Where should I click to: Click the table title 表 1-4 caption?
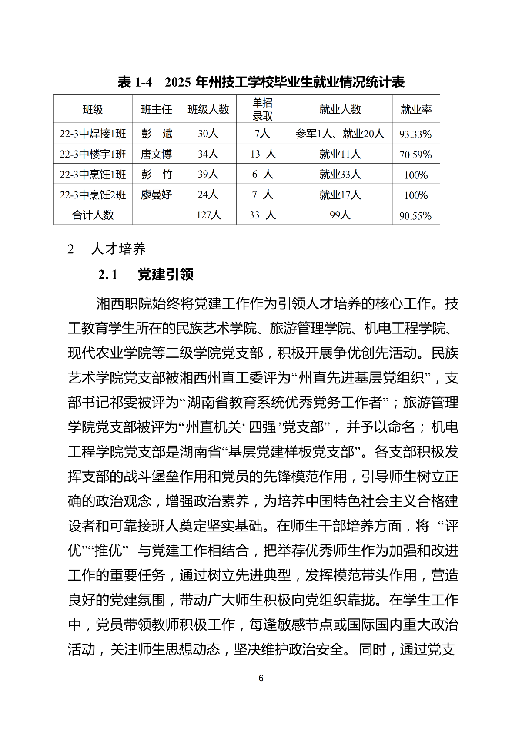point(261,82)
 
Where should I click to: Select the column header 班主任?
point(156,110)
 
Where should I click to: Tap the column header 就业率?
point(416,110)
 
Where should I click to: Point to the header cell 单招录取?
point(262,109)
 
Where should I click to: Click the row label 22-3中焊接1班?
point(93,134)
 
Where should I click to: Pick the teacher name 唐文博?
point(156,154)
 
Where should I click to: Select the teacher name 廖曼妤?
point(156,195)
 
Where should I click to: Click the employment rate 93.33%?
point(415,134)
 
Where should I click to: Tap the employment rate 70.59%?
point(415,155)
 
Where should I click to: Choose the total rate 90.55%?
point(415,216)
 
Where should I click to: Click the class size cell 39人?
point(208,174)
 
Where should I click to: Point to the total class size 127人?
point(208,215)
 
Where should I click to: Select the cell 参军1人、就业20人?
point(340,134)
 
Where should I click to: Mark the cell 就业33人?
point(340,175)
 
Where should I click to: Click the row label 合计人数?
point(93,215)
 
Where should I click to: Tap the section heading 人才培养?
point(118,249)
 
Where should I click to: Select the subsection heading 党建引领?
point(165,275)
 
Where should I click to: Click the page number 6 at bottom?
point(261,678)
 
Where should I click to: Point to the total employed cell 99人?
point(340,215)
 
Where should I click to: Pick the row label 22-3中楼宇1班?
point(93,154)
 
